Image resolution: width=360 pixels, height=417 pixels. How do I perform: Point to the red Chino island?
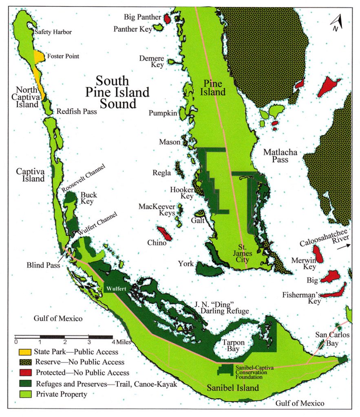click(164, 233)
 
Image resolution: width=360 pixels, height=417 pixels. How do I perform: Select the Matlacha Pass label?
click(280, 156)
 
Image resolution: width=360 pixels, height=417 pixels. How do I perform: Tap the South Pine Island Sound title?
click(117, 92)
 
